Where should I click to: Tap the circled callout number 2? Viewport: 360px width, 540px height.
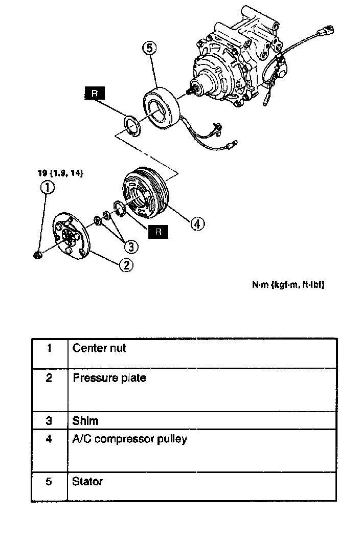[x=126, y=264]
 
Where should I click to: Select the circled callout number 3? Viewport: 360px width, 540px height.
[x=131, y=247]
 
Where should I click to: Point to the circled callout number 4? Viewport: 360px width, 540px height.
[x=198, y=223]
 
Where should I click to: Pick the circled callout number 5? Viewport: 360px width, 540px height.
[x=149, y=48]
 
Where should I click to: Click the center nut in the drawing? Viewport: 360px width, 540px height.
[x=37, y=254]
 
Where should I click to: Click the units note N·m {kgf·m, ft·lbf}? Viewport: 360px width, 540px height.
[x=288, y=285]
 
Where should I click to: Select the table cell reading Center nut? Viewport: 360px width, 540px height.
[x=99, y=349]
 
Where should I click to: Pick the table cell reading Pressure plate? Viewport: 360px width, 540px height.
[x=109, y=378]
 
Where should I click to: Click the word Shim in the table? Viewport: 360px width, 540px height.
[x=85, y=421]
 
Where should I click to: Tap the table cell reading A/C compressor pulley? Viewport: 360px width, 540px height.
[x=129, y=439]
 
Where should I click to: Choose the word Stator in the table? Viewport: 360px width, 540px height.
[x=87, y=481]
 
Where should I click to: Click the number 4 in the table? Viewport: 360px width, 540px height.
[x=49, y=439]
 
